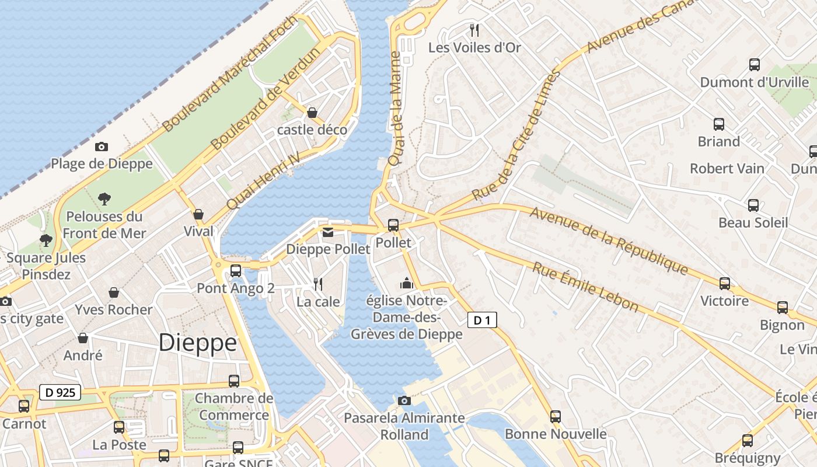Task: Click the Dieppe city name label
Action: click(x=198, y=343)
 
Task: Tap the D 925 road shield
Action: click(x=60, y=392)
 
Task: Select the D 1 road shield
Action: click(x=482, y=320)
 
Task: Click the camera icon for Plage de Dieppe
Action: click(x=102, y=147)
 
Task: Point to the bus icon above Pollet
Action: click(x=393, y=225)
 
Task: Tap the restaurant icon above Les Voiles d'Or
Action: click(x=474, y=30)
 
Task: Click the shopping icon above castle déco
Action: click(x=312, y=112)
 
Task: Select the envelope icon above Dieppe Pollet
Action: click(x=328, y=232)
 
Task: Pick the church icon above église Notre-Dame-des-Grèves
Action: click(x=406, y=284)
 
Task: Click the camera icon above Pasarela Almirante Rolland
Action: click(x=404, y=400)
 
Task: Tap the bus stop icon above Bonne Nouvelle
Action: click(x=556, y=417)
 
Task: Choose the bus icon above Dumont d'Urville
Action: click(x=755, y=65)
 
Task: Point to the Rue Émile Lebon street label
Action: click(x=585, y=287)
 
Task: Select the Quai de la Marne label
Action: click(x=396, y=108)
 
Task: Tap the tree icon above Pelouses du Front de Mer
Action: click(x=104, y=199)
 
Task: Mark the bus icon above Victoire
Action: click(x=725, y=284)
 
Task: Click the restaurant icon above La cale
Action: click(x=318, y=284)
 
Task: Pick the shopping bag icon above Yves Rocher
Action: click(x=114, y=292)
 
